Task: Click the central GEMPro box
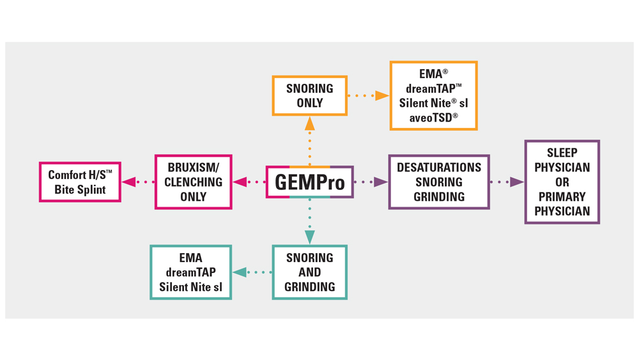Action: [310, 182]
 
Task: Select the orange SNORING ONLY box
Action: [310, 96]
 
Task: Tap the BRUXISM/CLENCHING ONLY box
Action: [193, 182]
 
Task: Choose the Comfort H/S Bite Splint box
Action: [80, 182]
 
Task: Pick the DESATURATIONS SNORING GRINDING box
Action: [439, 182]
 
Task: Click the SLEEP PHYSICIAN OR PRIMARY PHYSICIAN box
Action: [562, 182]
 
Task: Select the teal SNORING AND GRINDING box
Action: [310, 272]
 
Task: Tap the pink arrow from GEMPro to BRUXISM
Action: [249, 182]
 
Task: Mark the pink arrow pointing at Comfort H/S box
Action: [137, 182]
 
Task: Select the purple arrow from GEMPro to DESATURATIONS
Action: [371, 182]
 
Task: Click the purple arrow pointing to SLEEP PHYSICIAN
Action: [507, 182]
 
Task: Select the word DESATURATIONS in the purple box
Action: [439, 168]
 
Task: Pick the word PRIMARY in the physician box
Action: [562, 197]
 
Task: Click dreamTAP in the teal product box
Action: [190, 272]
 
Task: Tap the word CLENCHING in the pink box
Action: [193, 182]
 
